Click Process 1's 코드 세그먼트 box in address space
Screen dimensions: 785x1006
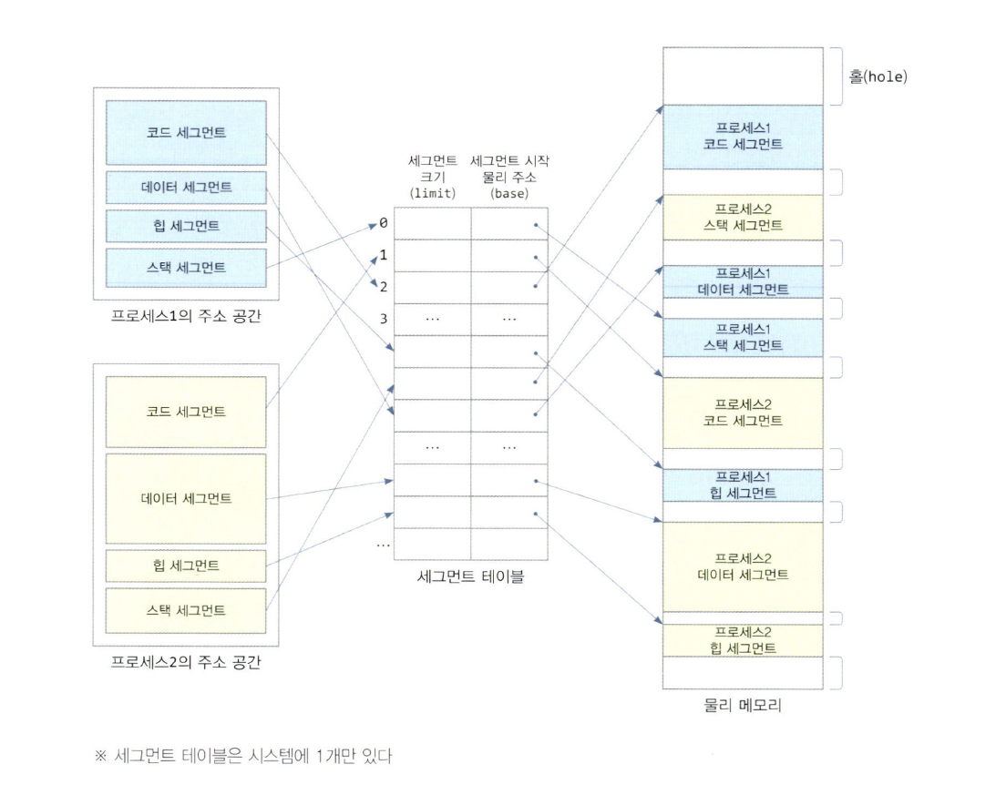pos(186,133)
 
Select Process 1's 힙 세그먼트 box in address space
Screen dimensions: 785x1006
pos(186,227)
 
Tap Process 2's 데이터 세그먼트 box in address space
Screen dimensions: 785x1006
pos(186,498)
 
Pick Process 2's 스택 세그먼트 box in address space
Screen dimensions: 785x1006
pos(186,609)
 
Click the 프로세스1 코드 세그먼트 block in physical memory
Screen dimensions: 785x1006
pos(743,137)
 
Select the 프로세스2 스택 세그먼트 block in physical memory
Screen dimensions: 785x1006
pos(743,219)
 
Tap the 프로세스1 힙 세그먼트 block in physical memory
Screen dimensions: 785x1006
pos(743,485)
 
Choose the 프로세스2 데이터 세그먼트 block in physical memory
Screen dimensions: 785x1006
pos(743,566)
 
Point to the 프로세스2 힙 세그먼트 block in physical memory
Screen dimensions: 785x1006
pos(743,640)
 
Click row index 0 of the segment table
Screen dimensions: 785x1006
pos(384,223)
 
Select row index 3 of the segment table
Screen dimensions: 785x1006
pos(384,319)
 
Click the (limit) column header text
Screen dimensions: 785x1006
pos(433,194)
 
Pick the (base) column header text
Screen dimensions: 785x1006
pos(510,194)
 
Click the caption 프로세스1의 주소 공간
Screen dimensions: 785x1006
pos(186,316)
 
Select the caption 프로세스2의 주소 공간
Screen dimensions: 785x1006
pos(186,662)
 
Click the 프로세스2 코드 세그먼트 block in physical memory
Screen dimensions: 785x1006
pos(743,412)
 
